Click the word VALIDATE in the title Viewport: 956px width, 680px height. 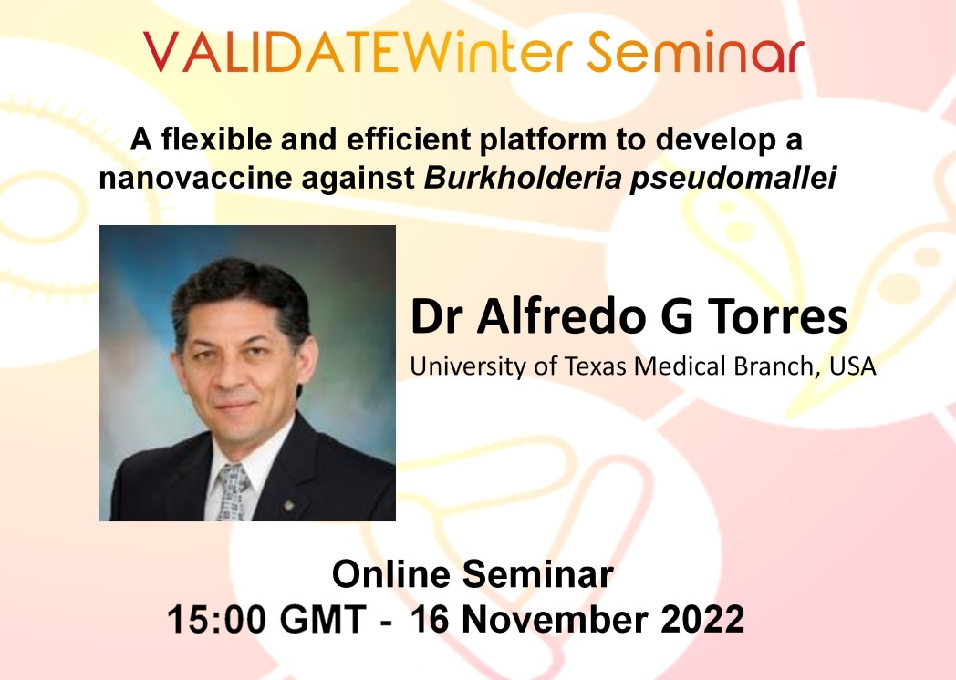[272, 52]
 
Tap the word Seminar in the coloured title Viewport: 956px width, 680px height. [696, 51]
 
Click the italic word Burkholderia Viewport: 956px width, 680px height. [523, 178]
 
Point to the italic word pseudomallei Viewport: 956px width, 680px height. [733, 179]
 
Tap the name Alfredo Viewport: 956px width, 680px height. [560, 315]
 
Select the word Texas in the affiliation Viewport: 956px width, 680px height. [596, 366]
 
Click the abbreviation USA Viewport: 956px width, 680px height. [853, 366]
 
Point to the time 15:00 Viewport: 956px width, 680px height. [217, 619]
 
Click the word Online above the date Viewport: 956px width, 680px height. [390, 574]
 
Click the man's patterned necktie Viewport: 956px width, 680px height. [234, 491]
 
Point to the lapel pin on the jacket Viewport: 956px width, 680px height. [289, 504]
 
